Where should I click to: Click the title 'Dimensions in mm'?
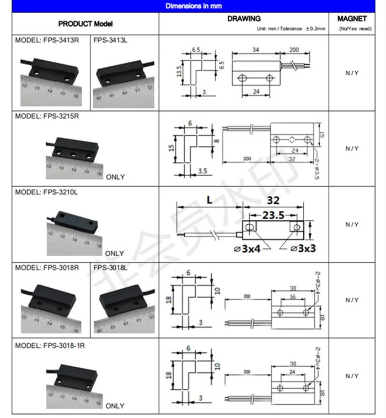click(x=192, y=6)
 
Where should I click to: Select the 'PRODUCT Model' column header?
click(x=85, y=24)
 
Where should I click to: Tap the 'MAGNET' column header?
click(x=352, y=19)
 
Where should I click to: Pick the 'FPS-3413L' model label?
click(x=110, y=40)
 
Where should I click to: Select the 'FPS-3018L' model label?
click(x=110, y=267)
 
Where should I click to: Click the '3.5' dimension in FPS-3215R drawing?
click(x=202, y=171)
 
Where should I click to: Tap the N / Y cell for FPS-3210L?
click(x=352, y=225)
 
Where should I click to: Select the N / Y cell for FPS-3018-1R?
click(x=352, y=376)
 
